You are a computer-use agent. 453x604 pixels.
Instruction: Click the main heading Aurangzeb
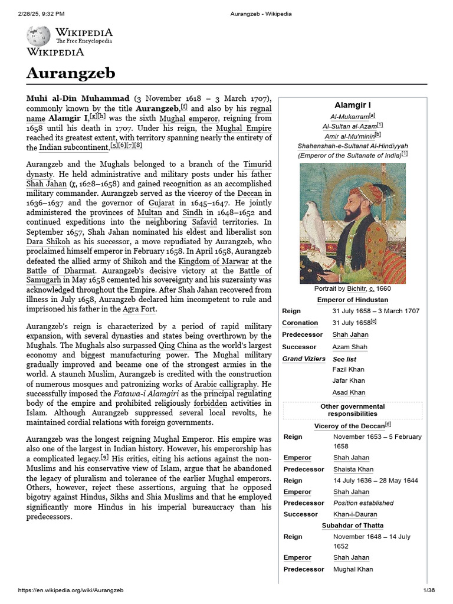(x=70, y=73)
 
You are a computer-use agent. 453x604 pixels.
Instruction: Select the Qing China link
(x=181, y=344)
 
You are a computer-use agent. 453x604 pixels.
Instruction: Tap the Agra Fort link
(x=140, y=309)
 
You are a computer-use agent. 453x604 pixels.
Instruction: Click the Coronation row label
(x=300, y=323)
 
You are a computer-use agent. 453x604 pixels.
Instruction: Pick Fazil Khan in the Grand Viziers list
(x=349, y=369)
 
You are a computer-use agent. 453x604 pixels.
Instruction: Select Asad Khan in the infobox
(x=349, y=392)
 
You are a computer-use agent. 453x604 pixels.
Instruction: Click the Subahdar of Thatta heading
(x=353, y=526)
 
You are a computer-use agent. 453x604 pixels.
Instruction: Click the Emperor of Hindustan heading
(x=353, y=300)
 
